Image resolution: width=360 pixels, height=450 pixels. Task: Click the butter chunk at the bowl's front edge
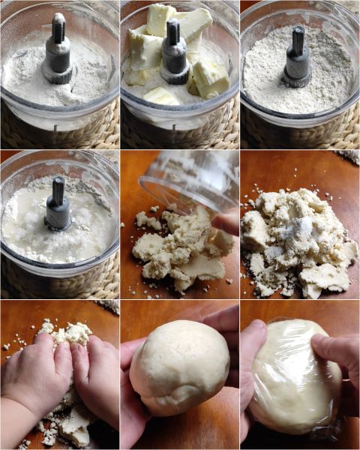coord(161,95)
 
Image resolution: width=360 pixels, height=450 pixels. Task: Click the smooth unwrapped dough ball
coord(180,367)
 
